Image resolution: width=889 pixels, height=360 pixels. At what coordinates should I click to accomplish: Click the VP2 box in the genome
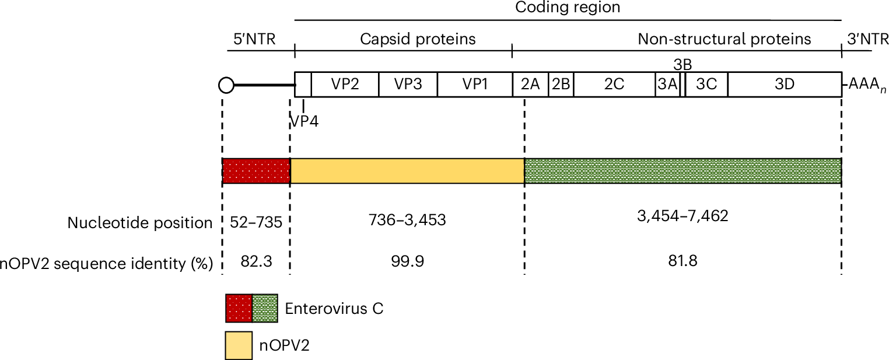coord(345,85)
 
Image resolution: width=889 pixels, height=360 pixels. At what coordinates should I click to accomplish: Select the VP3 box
coord(408,85)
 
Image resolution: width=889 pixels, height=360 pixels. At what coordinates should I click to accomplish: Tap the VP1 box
coord(474,85)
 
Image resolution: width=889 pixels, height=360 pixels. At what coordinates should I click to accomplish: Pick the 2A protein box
coord(530,85)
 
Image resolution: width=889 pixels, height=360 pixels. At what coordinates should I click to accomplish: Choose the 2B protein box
coord(561,85)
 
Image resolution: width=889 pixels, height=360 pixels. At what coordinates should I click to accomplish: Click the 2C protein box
coord(614,85)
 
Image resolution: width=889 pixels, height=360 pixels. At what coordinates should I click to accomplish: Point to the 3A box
coord(667,85)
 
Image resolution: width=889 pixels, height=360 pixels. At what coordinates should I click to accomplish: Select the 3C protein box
coord(706,85)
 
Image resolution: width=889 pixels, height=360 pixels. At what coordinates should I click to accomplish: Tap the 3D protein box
coord(785,85)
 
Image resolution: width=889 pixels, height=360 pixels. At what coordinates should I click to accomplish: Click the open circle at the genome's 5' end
coord(226,86)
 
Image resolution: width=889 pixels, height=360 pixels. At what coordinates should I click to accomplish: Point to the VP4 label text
coord(304,122)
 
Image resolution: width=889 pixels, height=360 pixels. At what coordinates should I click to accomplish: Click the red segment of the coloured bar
coord(256,171)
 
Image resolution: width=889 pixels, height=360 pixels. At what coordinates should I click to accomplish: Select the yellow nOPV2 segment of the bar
coord(407,171)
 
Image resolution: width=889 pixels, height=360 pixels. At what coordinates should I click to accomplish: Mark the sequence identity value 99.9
coord(407,261)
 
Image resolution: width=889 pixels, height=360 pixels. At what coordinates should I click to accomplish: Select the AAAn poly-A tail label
coord(863,85)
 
